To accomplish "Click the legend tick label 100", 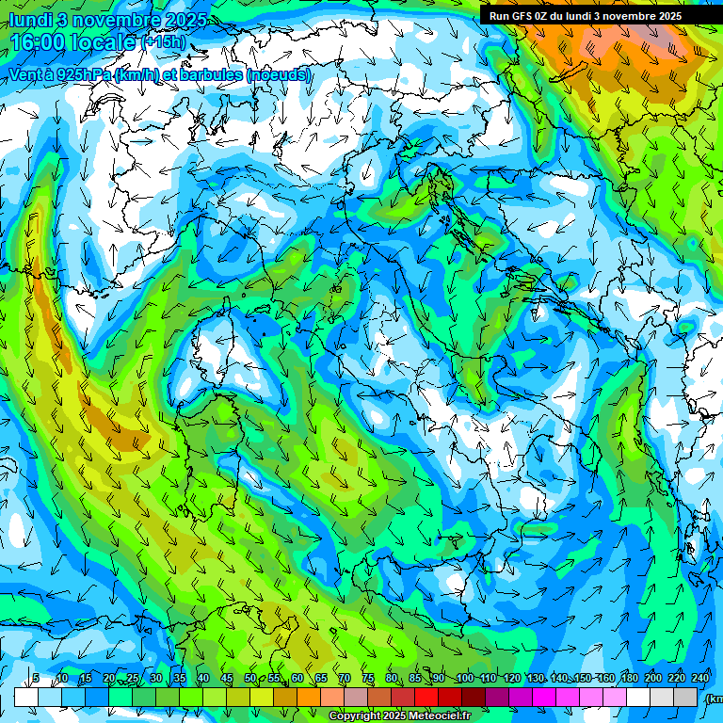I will point(464,679).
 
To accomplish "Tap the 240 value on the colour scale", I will point(699,679).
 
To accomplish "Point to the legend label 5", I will point(36,679).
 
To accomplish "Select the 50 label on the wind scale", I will point(249,679).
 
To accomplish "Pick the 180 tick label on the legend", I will point(629,679).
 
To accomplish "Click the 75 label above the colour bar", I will point(367,679).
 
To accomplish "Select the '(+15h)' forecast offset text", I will point(164,42).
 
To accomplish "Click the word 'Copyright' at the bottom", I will point(356,716).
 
